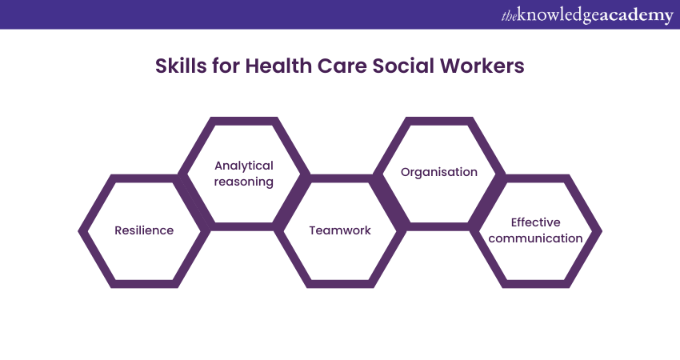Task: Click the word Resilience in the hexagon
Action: coord(144,230)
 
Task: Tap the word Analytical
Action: coord(244,166)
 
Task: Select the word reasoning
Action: coord(244,182)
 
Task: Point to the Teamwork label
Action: coord(340,230)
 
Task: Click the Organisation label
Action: coord(439,172)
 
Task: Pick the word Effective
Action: coord(535,222)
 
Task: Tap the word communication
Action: coord(535,238)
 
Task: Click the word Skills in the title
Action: coord(181,66)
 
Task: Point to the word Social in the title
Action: coord(403,66)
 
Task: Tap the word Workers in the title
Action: coord(482,66)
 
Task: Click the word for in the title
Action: coord(226,66)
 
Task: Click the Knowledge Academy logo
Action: coord(587,15)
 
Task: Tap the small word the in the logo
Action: coord(509,17)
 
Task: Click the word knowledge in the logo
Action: coord(558,15)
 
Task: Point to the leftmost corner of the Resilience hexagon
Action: coord(78,231)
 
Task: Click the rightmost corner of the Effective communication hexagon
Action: coord(602,231)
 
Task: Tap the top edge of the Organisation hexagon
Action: coord(439,121)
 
